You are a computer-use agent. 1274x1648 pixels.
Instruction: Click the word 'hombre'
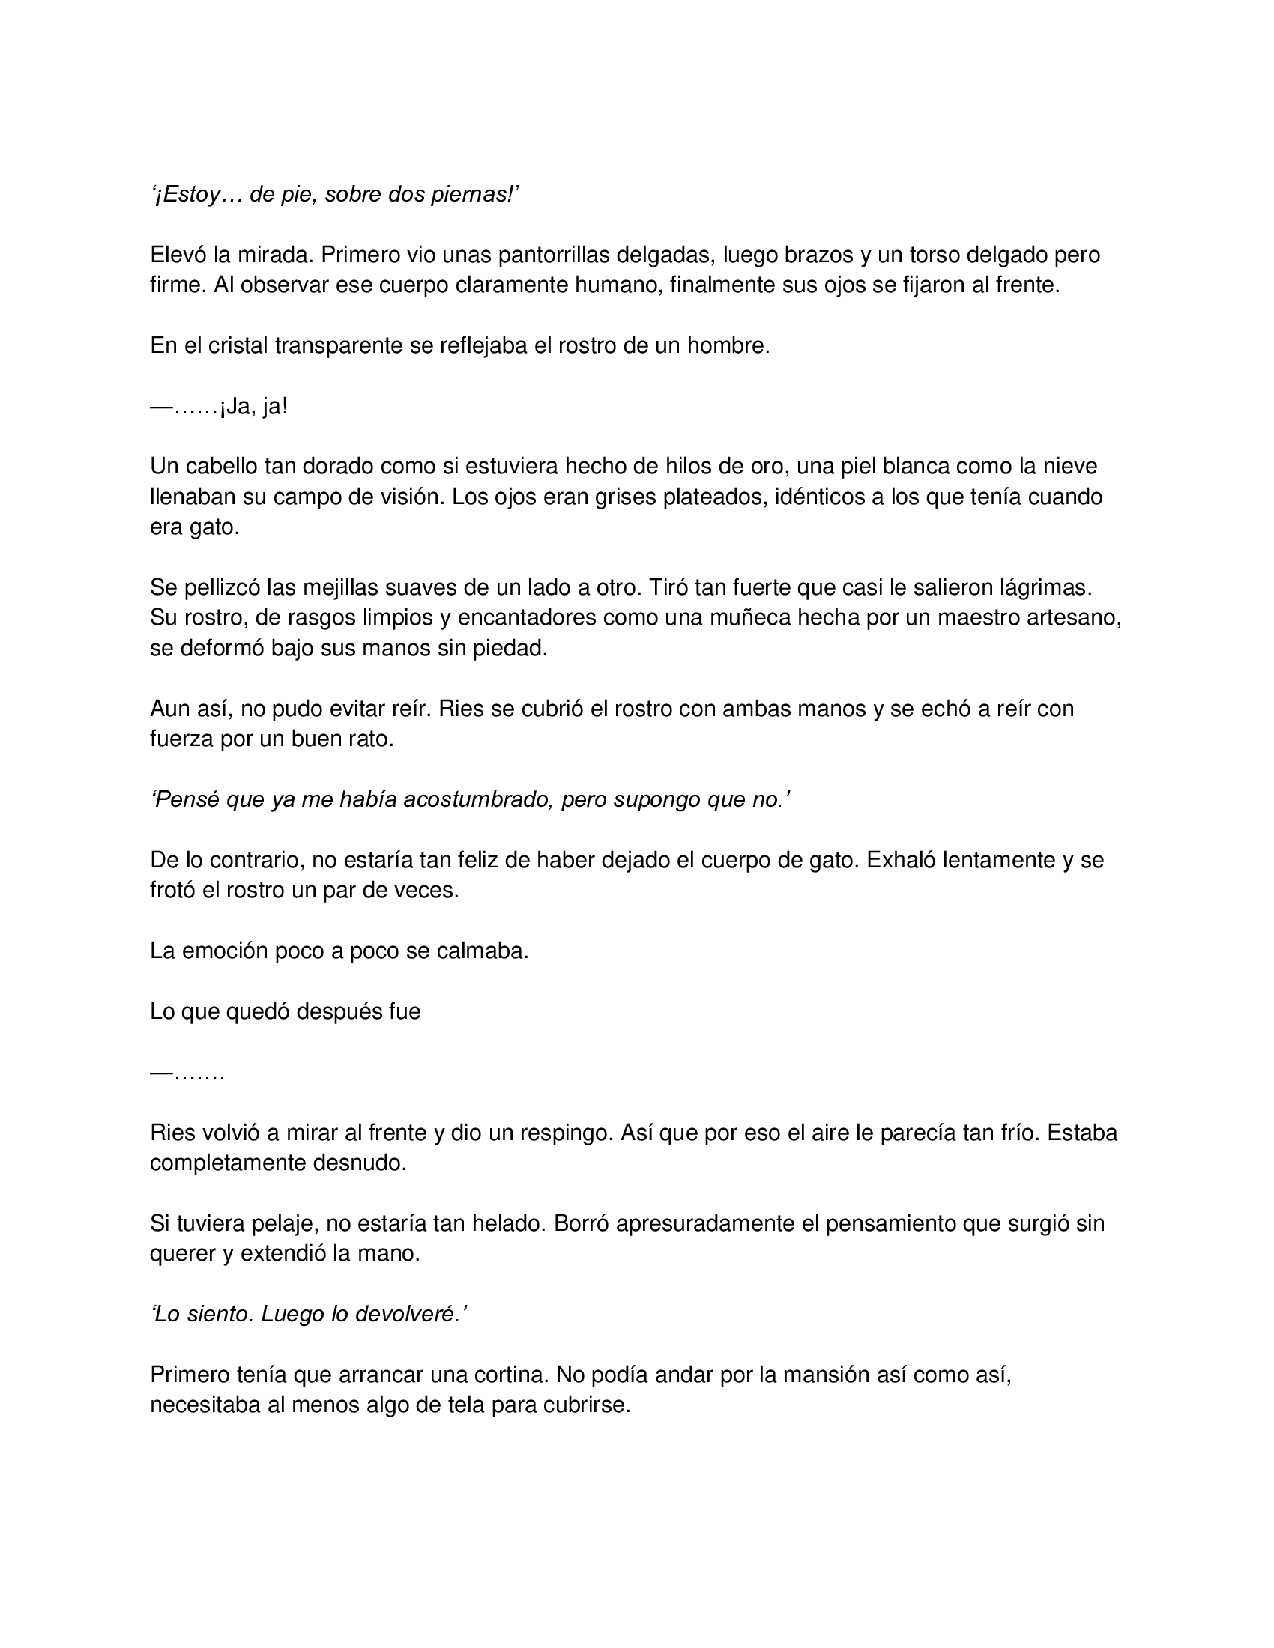point(728,345)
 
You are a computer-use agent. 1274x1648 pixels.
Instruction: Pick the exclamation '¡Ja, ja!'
point(253,407)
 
